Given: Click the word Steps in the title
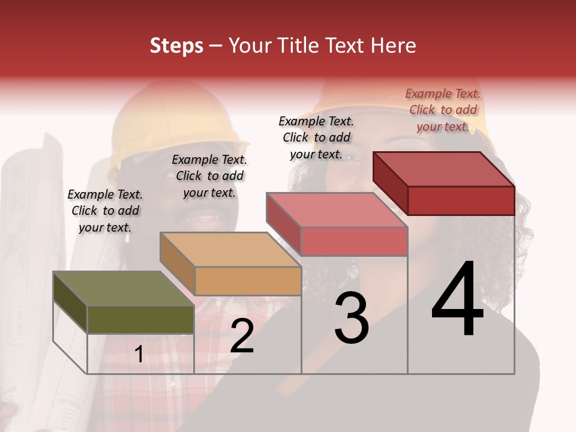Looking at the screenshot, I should click(x=176, y=46).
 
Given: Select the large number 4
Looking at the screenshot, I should click(x=457, y=299).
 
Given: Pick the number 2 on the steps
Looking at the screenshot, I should click(x=242, y=336).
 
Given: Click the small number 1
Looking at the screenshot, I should click(x=139, y=355).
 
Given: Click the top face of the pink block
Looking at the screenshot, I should click(x=337, y=210).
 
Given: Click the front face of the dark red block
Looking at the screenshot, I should click(x=461, y=200).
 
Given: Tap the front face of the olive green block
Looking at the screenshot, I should click(x=140, y=319).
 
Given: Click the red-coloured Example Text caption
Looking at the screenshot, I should click(x=443, y=110).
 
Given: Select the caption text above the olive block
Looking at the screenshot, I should click(x=105, y=211).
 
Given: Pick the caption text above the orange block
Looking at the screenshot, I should click(x=209, y=176).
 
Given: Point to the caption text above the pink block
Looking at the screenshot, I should click(x=316, y=137).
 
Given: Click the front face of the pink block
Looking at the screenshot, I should click(x=354, y=241).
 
